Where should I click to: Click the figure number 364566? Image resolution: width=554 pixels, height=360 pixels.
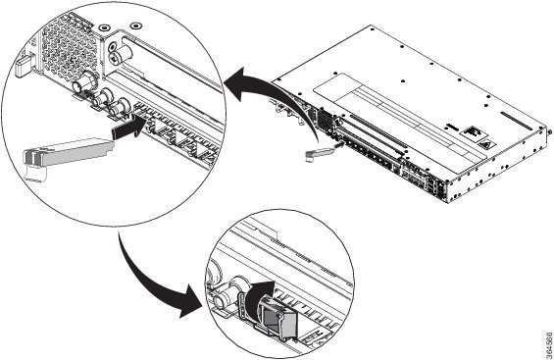pyautogui.click(x=549, y=344)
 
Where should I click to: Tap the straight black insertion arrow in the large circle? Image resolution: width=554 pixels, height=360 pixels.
pyautogui.click(x=127, y=128)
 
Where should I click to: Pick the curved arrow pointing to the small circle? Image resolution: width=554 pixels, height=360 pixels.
pyautogui.click(x=156, y=283)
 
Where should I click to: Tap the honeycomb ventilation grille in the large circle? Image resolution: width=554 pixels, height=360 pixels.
pyautogui.click(x=69, y=48)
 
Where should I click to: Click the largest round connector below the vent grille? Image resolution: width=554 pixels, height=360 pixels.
pyautogui.click(x=84, y=82)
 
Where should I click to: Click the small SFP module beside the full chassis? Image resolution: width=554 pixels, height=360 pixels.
pyautogui.click(x=319, y=154)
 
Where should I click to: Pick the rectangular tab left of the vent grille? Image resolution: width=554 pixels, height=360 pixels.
pyautogui.click(x=23, y=67)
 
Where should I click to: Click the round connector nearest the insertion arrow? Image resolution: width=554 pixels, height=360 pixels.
pyautogui.click(x=121, y=107)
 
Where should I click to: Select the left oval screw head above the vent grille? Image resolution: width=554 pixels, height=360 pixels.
pyautogui.click(x=104, y=27)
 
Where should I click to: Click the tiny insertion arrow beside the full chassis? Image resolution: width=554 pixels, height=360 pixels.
pyautogui.click(x=339, y=144)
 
